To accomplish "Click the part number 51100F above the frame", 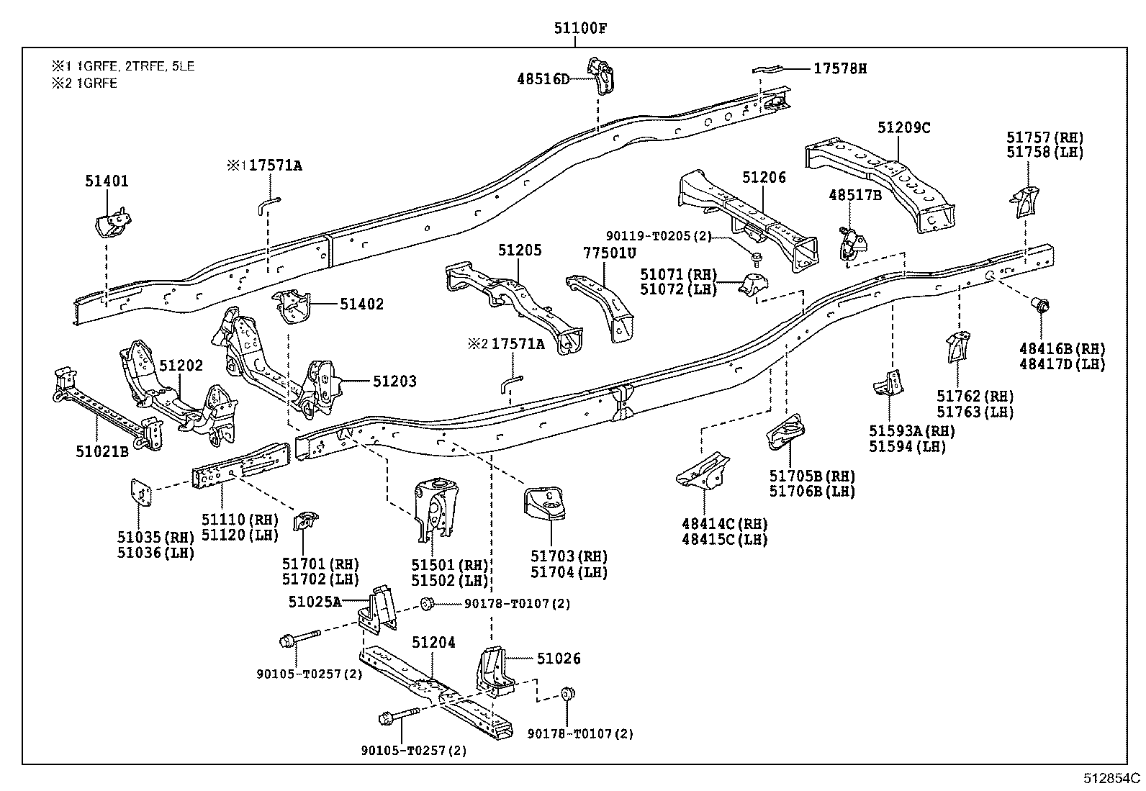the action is (580, 27).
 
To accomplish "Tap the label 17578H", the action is (840, 68).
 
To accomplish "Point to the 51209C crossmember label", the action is (904, 127).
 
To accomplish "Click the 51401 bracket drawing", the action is (113, 223).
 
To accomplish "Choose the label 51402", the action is (361, 304).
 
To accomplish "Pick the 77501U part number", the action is (610, 253).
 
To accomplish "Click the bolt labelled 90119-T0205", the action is (756, 259).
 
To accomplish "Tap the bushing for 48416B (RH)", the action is (1040, 306).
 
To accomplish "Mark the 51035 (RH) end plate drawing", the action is (141, 493).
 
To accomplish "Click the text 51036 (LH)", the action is (156, 553).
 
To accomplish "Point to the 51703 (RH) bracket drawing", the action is (544, 503).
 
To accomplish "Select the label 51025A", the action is (315, 602).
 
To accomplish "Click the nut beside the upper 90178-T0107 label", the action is (427, 604).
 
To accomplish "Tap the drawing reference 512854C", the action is (1111, 778).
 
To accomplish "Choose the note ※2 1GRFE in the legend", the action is (84, 83).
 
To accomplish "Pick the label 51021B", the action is (102, 451).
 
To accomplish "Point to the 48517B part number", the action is (855, 195).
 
